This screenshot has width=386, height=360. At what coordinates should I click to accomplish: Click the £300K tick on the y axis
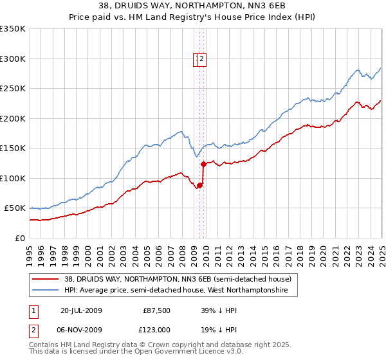point(13,59)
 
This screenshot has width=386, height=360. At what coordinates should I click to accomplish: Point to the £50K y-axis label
point(15,208)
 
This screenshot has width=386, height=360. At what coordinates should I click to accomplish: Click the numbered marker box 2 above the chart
point(201,59)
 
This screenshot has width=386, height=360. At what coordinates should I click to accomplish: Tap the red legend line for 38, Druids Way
point(46,279)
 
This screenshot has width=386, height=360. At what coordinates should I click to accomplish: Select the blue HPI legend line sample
point(46,291)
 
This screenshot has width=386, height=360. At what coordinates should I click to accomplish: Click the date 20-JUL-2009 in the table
point(81,310)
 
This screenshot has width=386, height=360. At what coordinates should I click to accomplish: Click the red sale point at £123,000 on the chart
point(203,164)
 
